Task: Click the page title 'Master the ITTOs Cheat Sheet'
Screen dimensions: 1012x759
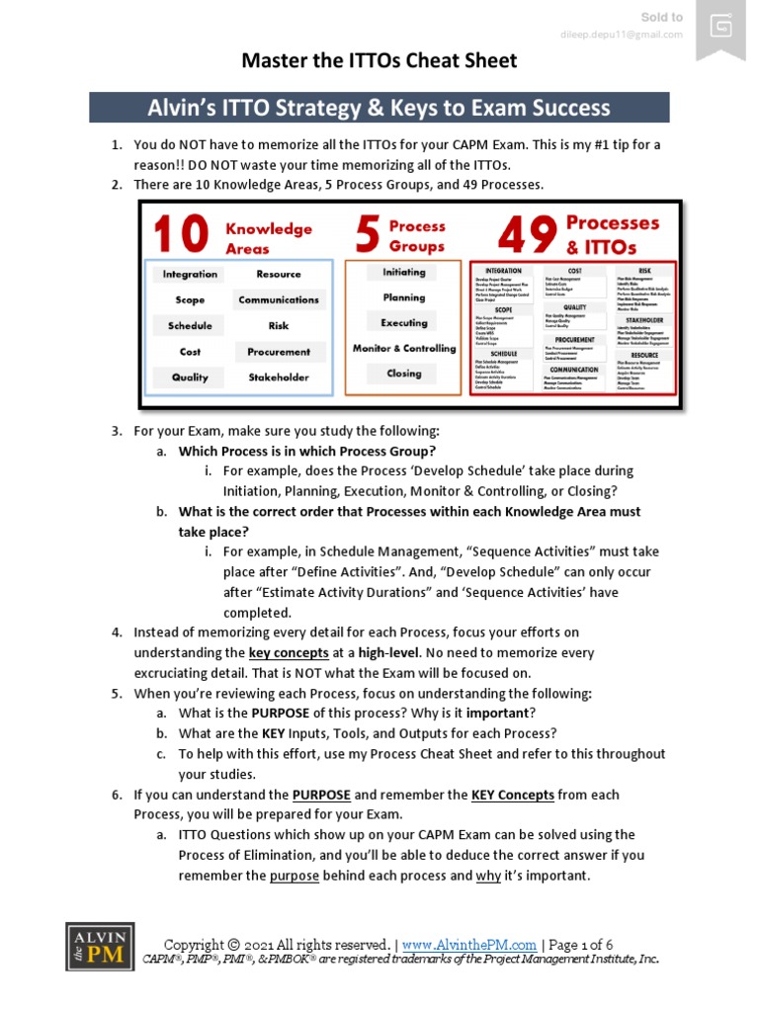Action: [x=379, y=61]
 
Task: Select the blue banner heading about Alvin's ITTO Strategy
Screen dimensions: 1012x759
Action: [x=379, y=108]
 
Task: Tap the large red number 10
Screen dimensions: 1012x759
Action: [x=181, y=236]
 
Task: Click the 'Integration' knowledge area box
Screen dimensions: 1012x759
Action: [x=190, y=275]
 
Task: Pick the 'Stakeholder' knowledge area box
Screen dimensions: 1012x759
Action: [x=279, y=378]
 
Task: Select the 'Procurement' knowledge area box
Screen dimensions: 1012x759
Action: [x=279, y=352]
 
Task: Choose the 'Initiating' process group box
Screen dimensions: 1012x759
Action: [x=403, y=273]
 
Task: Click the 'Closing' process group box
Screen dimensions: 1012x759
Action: [x=403, y=374]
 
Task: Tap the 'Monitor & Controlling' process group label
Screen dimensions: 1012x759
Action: [x=404, y=349]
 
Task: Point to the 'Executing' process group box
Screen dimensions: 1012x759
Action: [x=403, y=323]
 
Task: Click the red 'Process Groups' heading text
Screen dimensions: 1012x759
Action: [x=416, y=236]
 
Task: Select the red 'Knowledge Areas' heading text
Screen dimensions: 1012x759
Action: [x=268, y=238]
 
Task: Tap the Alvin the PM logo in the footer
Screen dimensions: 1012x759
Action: [x=100, y=947]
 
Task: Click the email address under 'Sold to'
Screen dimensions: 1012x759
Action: [x=621, y=36]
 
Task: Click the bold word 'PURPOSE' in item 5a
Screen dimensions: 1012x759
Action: [x=281, y=714]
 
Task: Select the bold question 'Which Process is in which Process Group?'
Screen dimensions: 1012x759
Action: [x=306, y=452]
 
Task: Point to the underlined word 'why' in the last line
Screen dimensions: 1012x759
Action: [x=488, y=876]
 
